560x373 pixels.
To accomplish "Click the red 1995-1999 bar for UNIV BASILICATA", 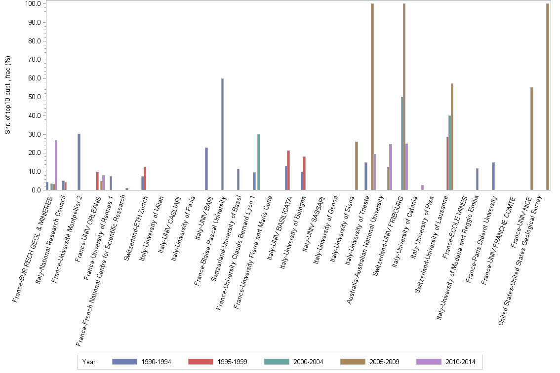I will (288, 170).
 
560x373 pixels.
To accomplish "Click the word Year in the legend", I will (89, 362).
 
